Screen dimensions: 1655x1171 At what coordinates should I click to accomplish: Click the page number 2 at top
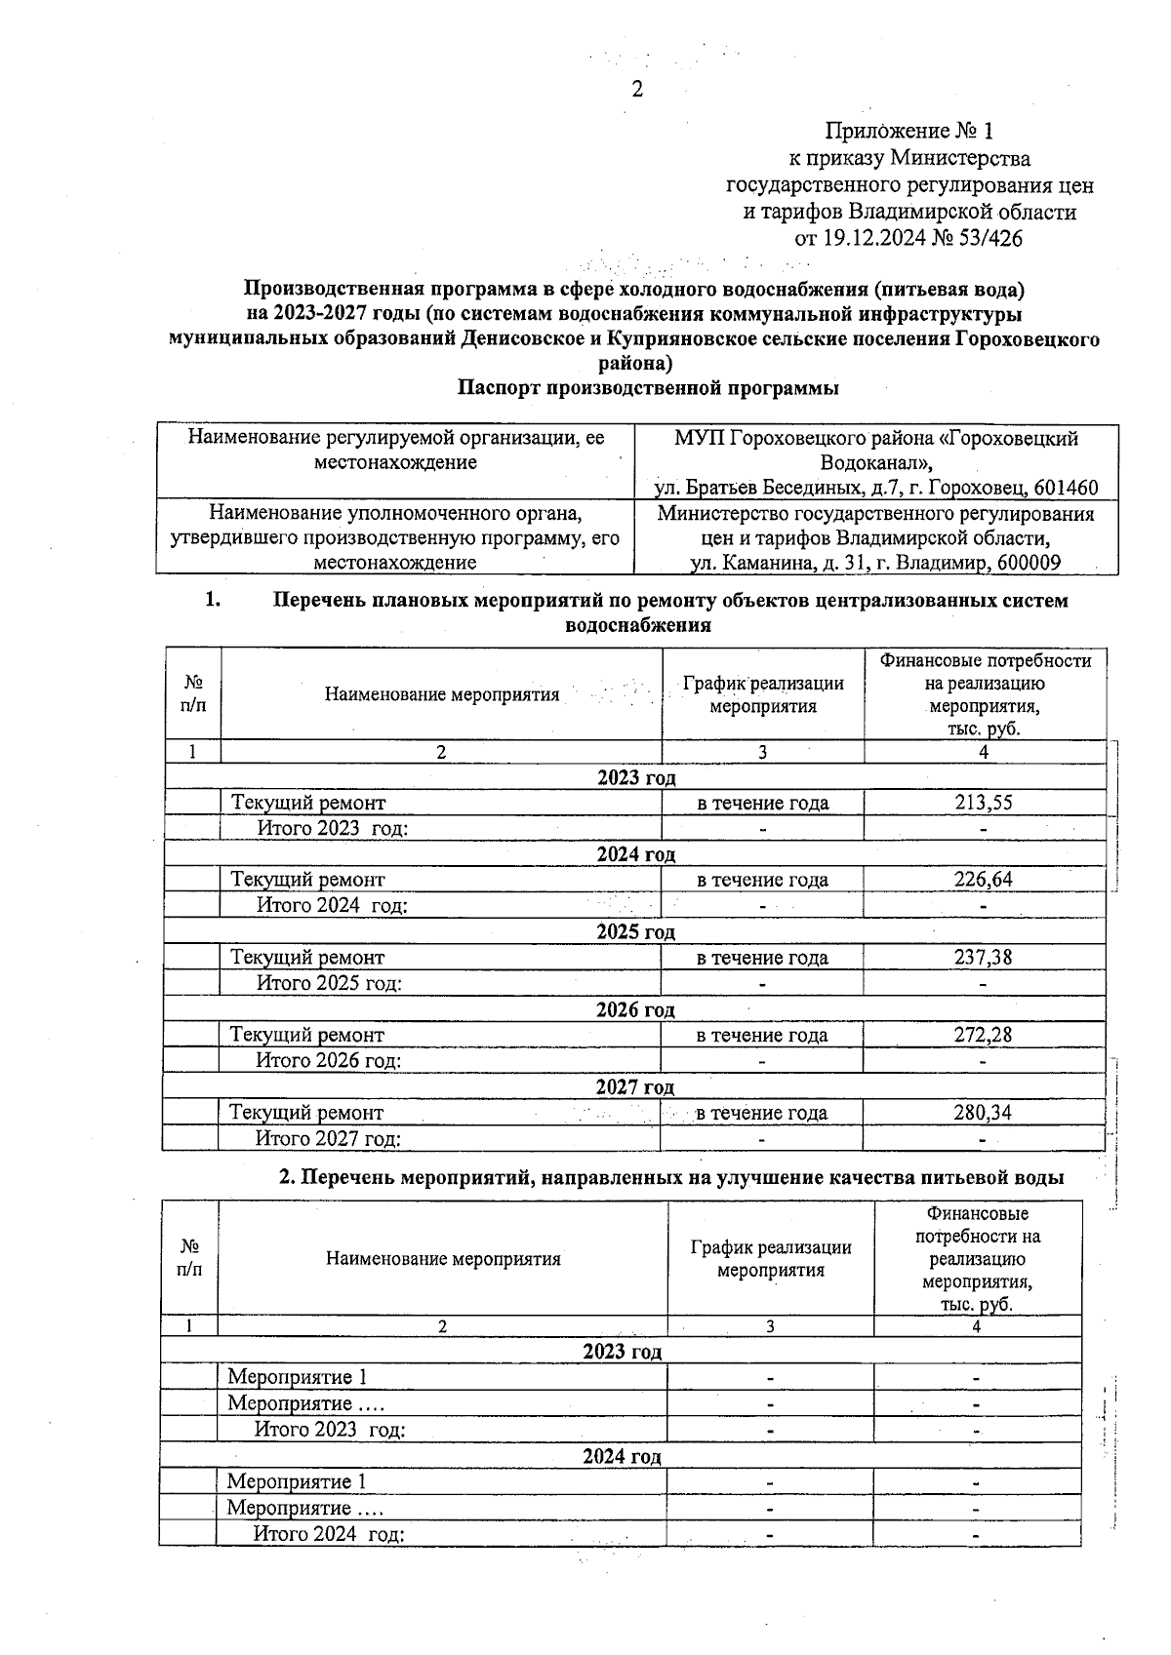[x=637, y=90]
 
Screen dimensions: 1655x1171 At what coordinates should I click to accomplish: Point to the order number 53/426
[x=987, y=238]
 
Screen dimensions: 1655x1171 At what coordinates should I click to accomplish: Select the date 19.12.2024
[x=870, y=238]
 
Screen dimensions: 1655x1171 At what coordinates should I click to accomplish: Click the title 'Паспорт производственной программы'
[x=649, y=388]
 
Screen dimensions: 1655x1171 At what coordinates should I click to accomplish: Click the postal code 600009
[x=1027, y=563]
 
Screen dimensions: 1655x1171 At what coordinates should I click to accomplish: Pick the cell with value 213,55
[x=984, y=803]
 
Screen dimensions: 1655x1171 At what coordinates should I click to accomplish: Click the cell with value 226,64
[x=984, y=880]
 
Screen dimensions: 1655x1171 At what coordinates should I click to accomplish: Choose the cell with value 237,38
[x=983, y=958]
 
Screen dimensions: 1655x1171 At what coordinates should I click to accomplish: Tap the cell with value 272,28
[x=983, y=1035]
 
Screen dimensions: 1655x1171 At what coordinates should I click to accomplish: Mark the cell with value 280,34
[x=983, y=1113]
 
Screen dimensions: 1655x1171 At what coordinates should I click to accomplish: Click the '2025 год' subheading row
[x=635, y=932]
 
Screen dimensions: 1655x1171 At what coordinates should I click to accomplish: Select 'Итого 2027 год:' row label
[x=328, y=1138]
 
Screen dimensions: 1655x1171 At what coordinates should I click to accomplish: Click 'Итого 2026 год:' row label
[x=328, y=1060]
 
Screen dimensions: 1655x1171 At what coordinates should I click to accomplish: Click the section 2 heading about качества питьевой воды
[x=671, y=1177]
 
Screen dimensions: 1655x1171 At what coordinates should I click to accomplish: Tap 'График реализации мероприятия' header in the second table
[x=771, y=1258]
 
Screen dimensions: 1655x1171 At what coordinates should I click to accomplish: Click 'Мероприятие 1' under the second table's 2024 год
[x=297, y=1481]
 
